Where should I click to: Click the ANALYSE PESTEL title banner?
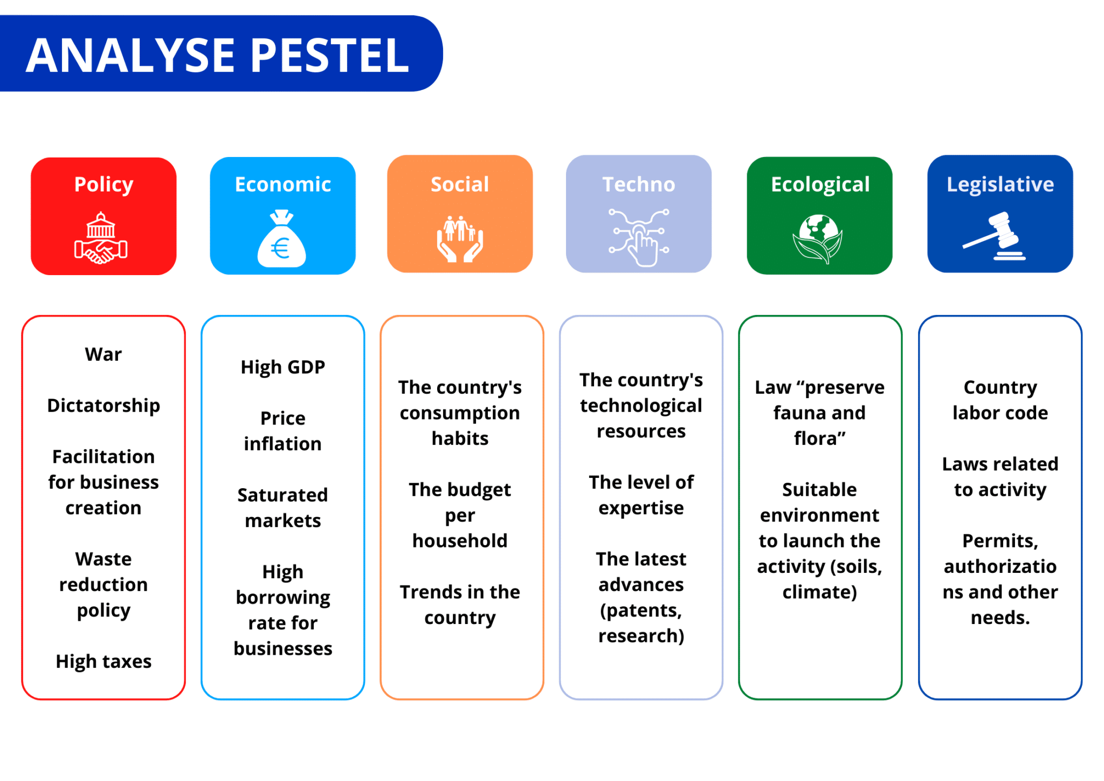click(218, 54)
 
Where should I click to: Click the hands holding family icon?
click(460, 239)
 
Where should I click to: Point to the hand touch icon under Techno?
click(639, 238)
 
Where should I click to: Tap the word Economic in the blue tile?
click(282, 184)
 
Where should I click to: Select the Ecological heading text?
click(820, 184)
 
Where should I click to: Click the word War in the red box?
click(103, 354)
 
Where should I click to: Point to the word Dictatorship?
click(103, 405)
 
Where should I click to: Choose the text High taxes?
click(103, 661)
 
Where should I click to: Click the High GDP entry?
click(283, 367)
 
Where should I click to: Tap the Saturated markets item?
click(283, 508)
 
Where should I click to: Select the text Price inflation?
click(283, 430)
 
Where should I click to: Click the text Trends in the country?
click(460, 604)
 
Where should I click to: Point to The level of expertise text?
click(641, 495)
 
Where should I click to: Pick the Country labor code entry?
click(1000, 400)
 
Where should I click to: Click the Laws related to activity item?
click(1000, 476)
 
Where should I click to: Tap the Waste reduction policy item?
click(103, 584)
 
